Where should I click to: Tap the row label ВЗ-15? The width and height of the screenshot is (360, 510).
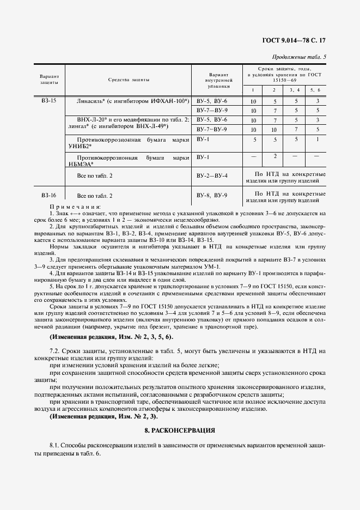pos(48,101)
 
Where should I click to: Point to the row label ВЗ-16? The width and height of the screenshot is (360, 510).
pos(48,195)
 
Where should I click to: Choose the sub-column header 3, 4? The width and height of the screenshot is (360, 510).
pos(294,89)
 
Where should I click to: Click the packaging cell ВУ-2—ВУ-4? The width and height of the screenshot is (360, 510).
pos(211,177)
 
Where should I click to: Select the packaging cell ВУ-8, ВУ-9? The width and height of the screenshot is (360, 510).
pos(211,195)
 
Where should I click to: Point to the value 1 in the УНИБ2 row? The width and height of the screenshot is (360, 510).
pos(315,139)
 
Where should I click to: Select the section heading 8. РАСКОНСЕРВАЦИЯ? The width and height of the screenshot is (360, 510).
pos(180,430)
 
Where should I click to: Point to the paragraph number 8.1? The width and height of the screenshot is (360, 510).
pos(54,445)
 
